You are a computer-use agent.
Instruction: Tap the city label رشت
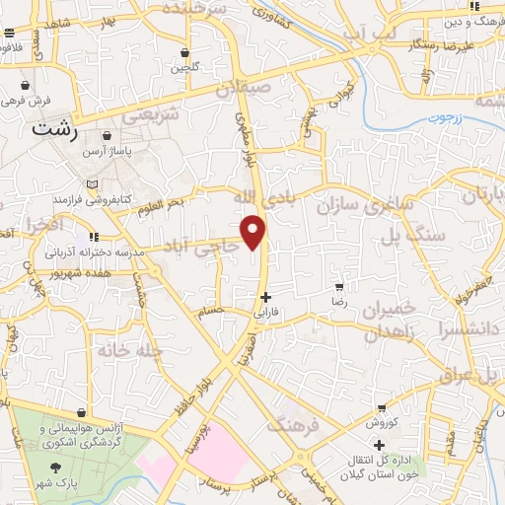(53, 128)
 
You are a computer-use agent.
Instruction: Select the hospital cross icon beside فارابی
(264, 296)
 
